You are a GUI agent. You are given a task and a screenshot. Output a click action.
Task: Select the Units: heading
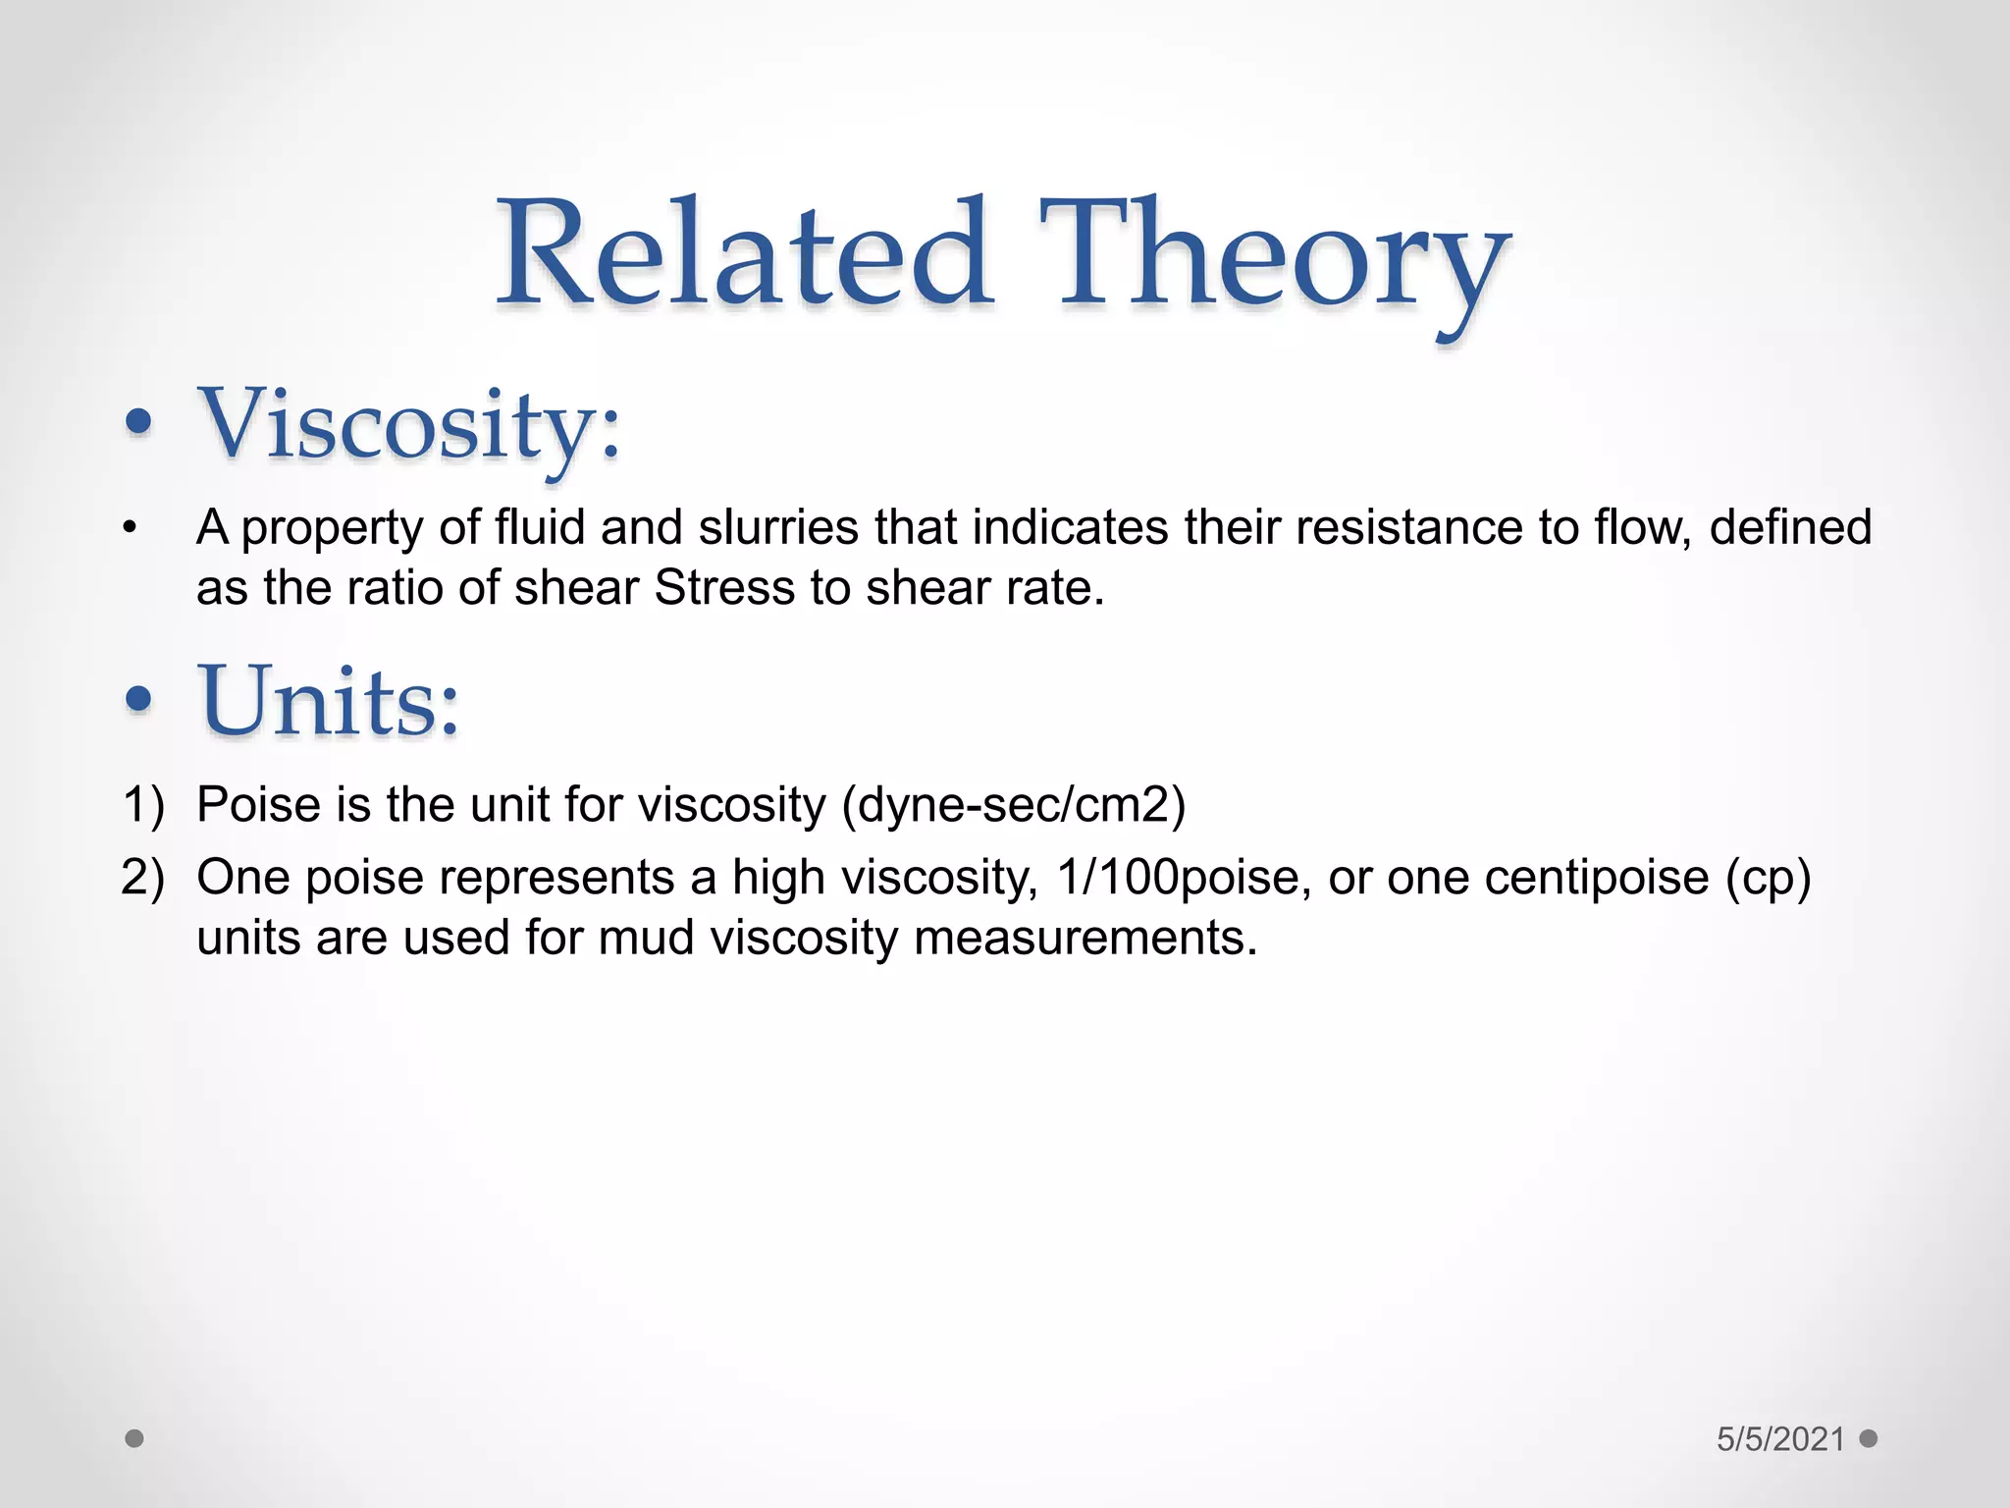tap(330, 701)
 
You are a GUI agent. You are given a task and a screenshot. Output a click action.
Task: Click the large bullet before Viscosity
tap(139, 423)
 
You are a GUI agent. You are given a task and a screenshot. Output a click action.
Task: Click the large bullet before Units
tap(139, 699)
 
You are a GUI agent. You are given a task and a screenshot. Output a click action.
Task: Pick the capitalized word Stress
tap(724, 588)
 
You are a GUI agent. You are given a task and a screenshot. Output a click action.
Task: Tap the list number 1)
tap(143, 804)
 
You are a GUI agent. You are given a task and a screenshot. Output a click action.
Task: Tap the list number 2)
tap(143, 876)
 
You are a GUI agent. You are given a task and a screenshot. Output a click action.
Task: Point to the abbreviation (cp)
tap(1768, 878)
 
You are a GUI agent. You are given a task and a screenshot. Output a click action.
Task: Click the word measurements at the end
tap(1084, 937)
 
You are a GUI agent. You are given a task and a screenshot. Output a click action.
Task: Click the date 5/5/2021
tap(1780, 1439)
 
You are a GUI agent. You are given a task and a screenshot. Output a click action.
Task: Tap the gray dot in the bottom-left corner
tap(134, 1438)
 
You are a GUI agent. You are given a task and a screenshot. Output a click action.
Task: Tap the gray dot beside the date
tap(1869, 1438)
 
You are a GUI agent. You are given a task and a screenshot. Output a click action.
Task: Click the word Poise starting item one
tap(258, 804)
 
